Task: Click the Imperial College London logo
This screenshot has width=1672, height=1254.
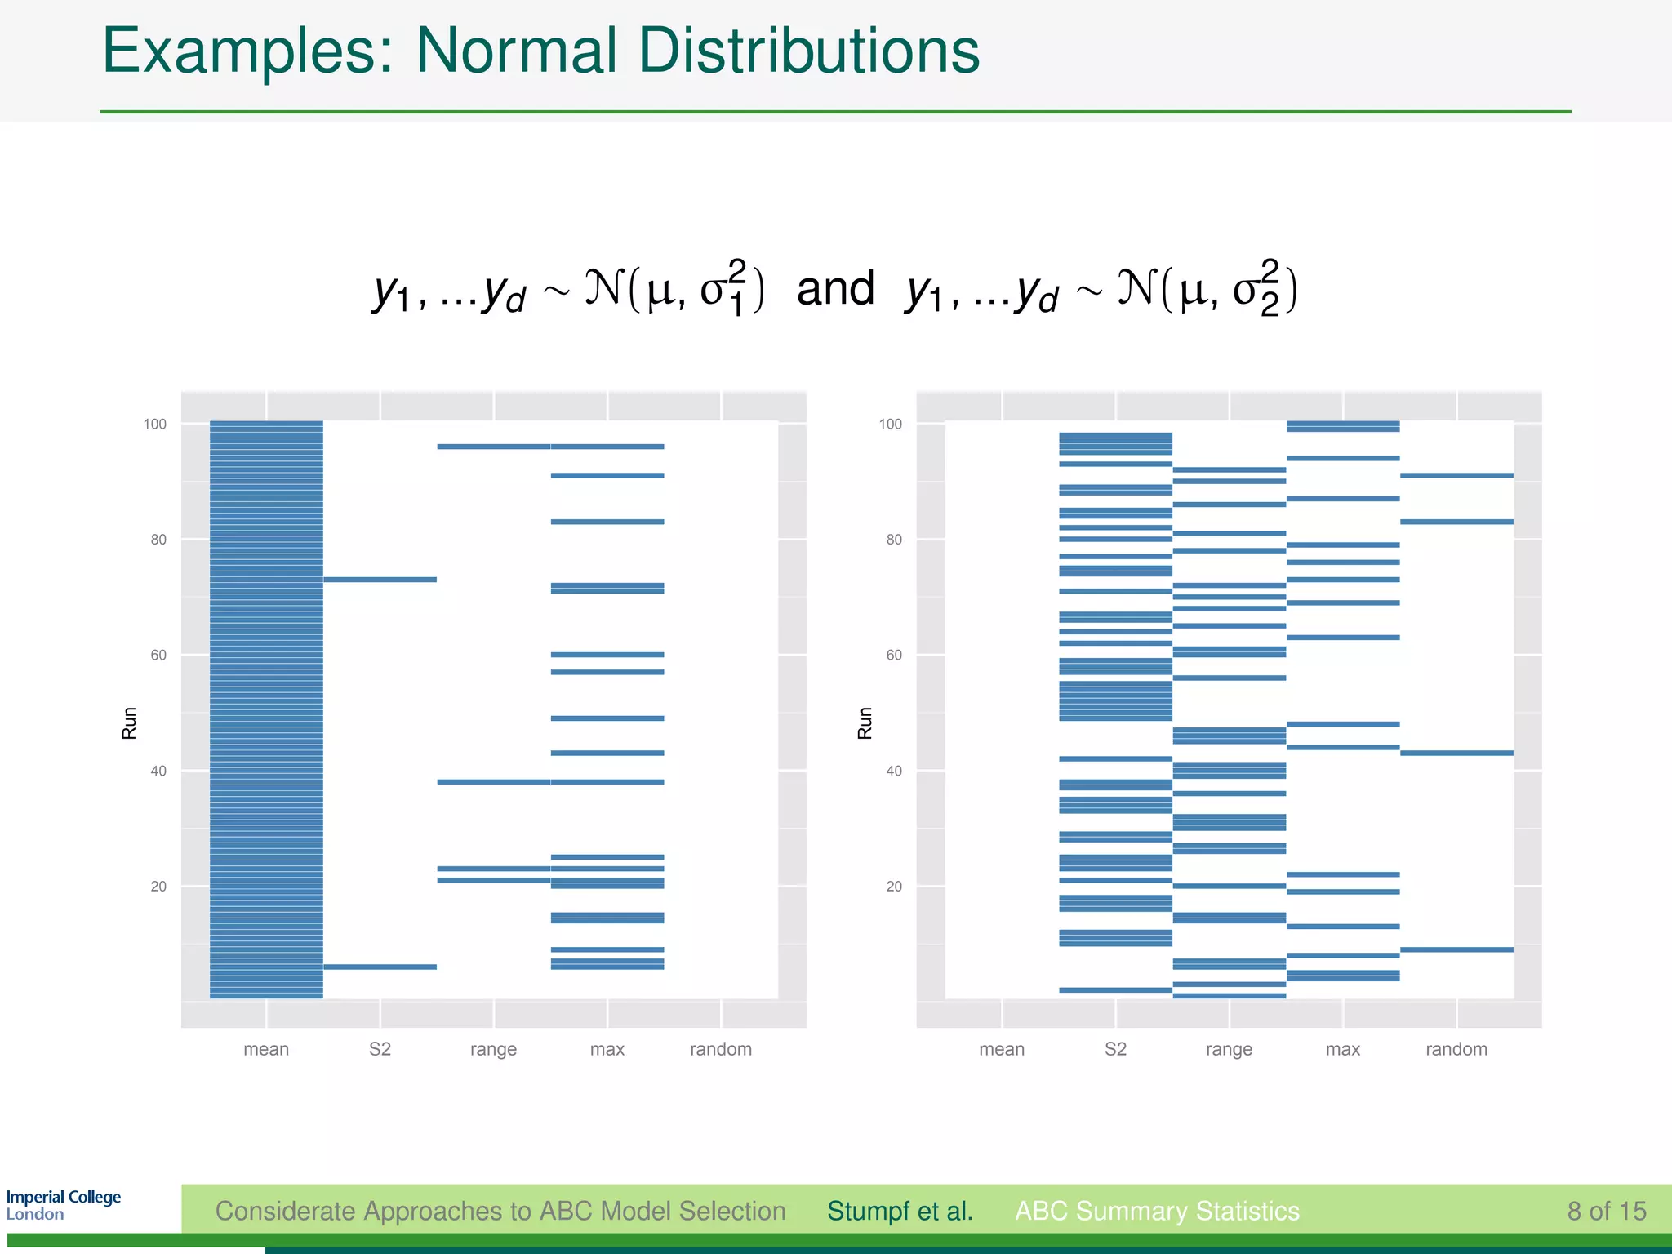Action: (x=63, y=1205)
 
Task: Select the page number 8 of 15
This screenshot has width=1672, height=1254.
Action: (x=1606, y=1211)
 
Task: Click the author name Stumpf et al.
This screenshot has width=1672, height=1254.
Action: (x=900, y=1211)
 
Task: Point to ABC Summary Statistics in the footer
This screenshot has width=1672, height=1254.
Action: (x=1157, y=1211)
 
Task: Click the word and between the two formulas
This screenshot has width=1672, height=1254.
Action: (x=834, y=289)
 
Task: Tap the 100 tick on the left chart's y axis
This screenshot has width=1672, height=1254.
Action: (x=154, y=424)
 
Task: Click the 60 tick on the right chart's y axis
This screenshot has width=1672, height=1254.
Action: (x=894, y=655)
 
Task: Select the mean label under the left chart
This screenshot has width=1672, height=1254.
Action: (x=266, y=1049)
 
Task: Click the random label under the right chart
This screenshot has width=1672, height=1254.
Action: (x=1456, y=1049)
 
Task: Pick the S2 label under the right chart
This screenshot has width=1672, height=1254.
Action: (x=1115, y=1049)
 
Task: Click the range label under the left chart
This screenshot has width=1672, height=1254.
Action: (x=493, y=1049)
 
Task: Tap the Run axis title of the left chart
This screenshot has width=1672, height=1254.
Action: (x=129, y=723)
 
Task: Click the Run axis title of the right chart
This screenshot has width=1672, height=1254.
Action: (x=865, y=723)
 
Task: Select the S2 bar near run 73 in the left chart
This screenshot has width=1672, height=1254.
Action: (x=380, y=580)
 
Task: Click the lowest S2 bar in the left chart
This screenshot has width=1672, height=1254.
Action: (x=380, y=967)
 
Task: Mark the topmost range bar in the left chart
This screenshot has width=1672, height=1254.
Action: (x=493, y=447)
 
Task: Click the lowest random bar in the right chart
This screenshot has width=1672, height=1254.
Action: (x=1456, y=949)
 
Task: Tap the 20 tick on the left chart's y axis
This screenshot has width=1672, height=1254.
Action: (x=158, y=887)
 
